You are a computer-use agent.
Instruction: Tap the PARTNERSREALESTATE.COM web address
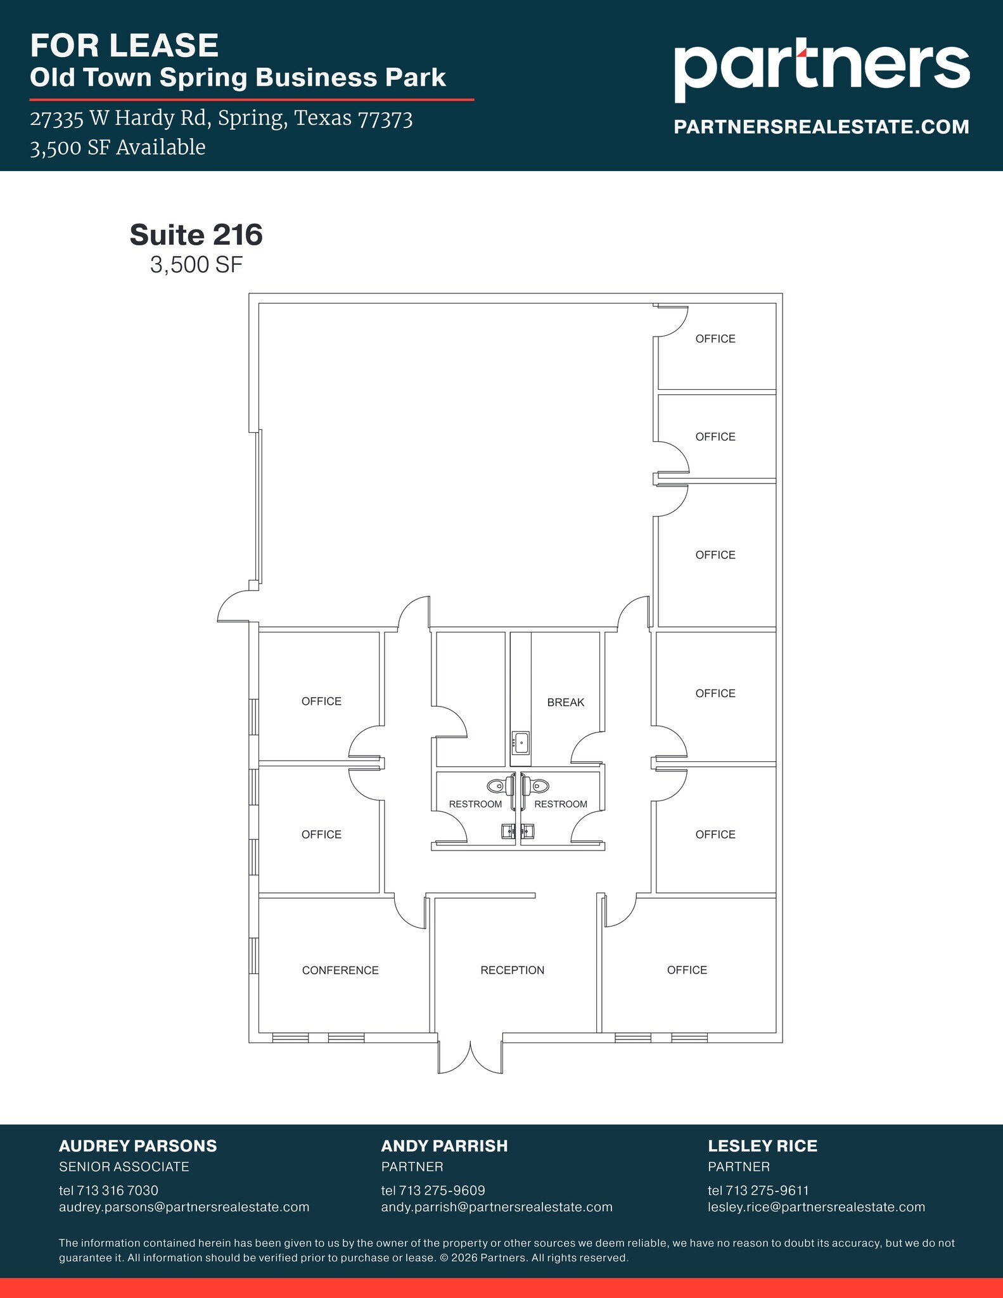[821, 127]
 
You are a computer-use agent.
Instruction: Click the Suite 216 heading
[196, 235]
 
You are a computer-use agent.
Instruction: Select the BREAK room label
[565, 702]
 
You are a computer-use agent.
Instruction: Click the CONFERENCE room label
[340, 970]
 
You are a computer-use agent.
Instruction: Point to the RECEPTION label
[512, 970]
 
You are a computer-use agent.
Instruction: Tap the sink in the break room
[521, 742]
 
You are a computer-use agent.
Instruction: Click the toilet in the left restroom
[499, 786]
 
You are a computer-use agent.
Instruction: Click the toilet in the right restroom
[537, 786]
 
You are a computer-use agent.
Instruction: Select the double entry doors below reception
[470, 1057]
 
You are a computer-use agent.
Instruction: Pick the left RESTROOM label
[475, 804]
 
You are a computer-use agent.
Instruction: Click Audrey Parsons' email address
[184, 1207]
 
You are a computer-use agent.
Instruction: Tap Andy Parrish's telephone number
[433, 1190]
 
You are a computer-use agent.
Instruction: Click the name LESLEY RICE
[762, 1146]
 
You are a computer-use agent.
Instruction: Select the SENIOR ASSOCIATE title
[124, 1167]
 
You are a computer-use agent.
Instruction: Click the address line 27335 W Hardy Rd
[221, 119]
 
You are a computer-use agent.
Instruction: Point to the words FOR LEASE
[124, 46]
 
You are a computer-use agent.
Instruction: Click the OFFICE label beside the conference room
[687, 970]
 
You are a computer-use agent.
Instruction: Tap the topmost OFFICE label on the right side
[715, 339]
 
